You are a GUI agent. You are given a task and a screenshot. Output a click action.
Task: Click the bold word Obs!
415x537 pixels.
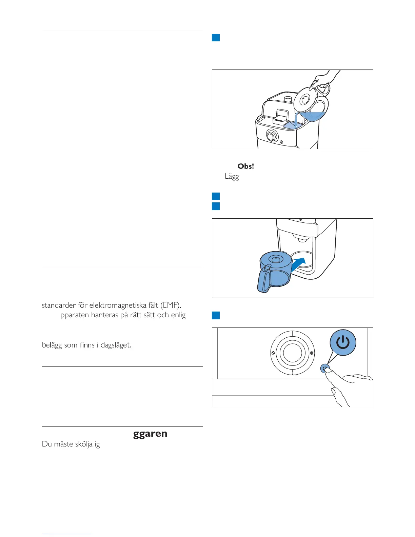[x=246, y=166]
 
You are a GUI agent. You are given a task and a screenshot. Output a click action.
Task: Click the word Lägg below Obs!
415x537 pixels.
[x=232, y=177]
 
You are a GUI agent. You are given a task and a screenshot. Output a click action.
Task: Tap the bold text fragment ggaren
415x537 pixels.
[x=150, y=434]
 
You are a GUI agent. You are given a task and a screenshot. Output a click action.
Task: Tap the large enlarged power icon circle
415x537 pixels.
[x=343, y=343]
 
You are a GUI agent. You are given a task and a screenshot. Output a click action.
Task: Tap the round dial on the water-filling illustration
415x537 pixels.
[x=271, y=136]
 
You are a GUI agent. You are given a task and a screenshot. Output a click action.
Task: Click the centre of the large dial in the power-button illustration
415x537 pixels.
[x=292, y=353]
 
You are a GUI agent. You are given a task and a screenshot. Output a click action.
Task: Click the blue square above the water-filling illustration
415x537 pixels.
[x=216, y=37]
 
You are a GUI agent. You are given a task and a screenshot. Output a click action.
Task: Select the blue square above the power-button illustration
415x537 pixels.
[x=216, y=315]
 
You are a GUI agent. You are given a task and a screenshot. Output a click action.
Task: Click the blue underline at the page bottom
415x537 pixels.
[x=67, y=534]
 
